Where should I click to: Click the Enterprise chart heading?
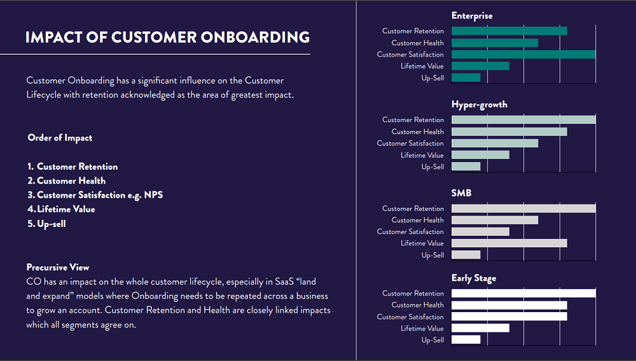pyautogui.click(x=472, y=16)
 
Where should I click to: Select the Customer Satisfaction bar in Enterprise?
pyautogui.click(x=523, y=55)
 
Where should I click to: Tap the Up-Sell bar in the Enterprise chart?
pyautogui.click(x=466, y=78)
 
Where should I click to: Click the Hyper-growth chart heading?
pyautogui.click(x=479, y=104)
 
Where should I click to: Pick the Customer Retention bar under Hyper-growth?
pyautogui.click(x=523, y=119)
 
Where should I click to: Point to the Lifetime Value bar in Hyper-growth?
pyautogui.click(x=480, y=155)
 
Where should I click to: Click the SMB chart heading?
pyautogui.click(x=461, y=193)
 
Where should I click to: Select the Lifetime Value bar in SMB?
pyautogui.click(x=509, y=243)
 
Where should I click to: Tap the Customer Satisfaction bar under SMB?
pyautogui.click(x=480, y=232)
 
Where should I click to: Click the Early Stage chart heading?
pyautogui.click(x=474, y=278)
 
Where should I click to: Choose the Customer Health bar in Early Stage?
pyautogui.click(x=509, y=305)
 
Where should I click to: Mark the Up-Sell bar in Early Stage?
pyautogui.click(x=466, y=340)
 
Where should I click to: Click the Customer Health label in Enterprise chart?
pyautogui.click(x=417, y=43)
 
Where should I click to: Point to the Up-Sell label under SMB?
pyautogui.click(x=432, y=255)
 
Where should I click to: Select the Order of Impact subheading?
pyautogui.click(x=60, y=138)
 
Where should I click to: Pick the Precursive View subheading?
pyautogui.click(x=58, y=268)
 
